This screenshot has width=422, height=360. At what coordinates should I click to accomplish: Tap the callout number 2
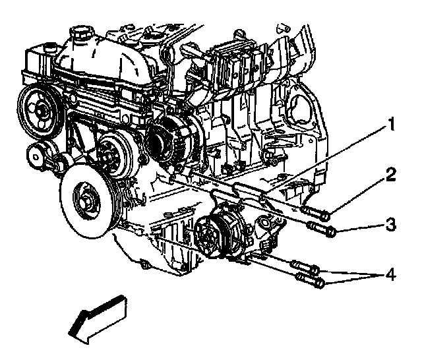point(391,175)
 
